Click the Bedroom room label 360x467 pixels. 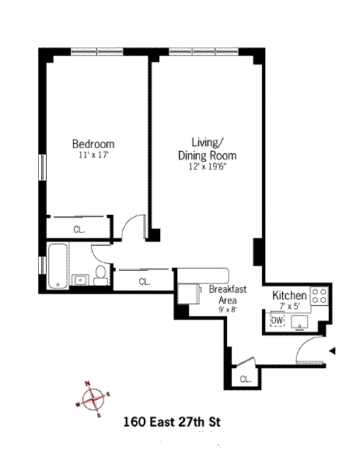click(x=93, y=144)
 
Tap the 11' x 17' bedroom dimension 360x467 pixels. click(x=93, y=155)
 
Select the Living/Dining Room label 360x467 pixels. click(x=207, y=149)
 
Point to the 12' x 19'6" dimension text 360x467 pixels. click(x=208, y=167)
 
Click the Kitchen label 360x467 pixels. click(x=289, y=296)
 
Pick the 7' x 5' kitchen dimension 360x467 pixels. click(x=289, y=306)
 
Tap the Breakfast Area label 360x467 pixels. click(x=228, y=294)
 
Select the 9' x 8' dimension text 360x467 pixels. click(x=228, y=310)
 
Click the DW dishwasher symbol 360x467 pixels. click(x=278, y=321)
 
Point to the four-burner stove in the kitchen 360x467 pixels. click(x=320, y=296)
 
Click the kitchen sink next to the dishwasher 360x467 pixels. click(x=299, y=322)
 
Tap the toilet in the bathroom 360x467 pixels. click(x=101, y=276)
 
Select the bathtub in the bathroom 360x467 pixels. click(x=58, y=266)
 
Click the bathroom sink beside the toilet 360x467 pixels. click(x=80, y=280)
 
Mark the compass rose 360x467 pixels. click(x=93, y=399)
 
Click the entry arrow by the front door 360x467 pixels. click(x=332, y=351)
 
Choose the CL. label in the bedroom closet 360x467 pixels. click(x=79, y=230)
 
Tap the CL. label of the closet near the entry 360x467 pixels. click(x=246, y=379)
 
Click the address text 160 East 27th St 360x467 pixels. click(x=172, y=422)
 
